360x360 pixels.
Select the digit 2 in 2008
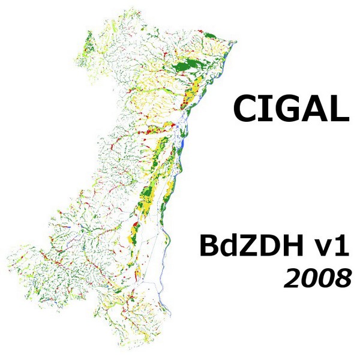tap(293, 278)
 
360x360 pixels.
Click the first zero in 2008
tap(308, 278)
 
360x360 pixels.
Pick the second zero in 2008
tap(324, 278)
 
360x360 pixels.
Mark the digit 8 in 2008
tap(340, 278)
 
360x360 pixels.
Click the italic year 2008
tap(317, 278)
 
